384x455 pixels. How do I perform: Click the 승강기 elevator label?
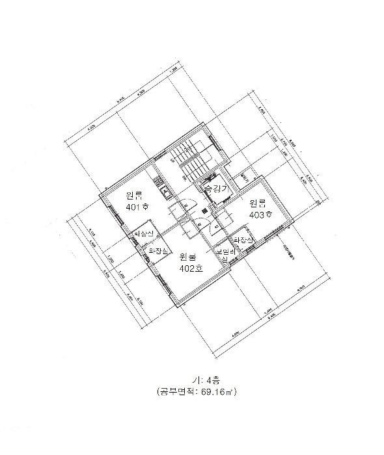coord(215,188)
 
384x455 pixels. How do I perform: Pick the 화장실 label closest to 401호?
coord(143,233)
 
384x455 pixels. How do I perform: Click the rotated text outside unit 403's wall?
coord(286,248)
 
